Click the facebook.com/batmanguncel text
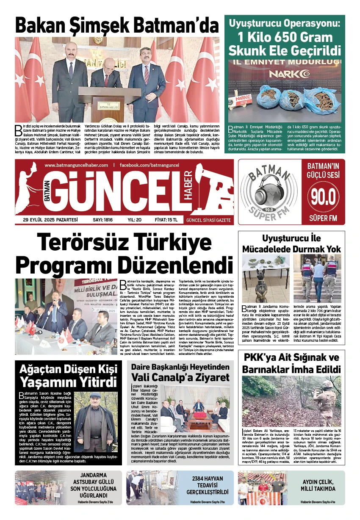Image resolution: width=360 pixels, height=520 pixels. point(149,165)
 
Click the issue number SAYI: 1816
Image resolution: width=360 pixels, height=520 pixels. point(102,220)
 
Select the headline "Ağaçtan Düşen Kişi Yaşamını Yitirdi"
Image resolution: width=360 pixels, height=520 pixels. point(68,375)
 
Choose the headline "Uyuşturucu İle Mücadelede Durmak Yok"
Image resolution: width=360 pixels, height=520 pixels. point(291,243)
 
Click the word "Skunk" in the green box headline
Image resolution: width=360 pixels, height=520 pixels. point(250,50)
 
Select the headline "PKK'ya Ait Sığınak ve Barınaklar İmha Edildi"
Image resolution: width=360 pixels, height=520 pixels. point(291,363)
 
